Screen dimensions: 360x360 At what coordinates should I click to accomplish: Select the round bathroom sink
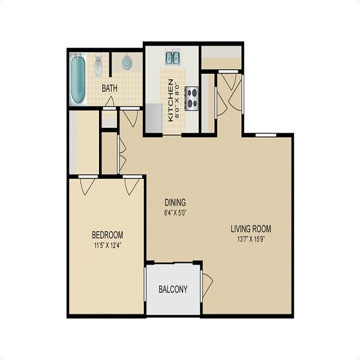[127, 62]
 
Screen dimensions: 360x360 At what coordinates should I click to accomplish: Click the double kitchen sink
[173, 58]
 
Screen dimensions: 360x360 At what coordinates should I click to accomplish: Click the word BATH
[109, 88]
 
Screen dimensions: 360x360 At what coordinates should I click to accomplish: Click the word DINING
[175, 202]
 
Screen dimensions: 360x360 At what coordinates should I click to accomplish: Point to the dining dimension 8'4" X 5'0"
[175, 212]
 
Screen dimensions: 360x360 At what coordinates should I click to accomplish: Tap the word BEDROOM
[107, 234]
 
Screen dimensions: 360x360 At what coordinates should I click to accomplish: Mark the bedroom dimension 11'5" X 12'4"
[107, 244]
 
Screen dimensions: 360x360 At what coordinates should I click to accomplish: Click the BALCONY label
[173, 289]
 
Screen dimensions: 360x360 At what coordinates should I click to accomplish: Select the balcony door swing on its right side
[208, 283]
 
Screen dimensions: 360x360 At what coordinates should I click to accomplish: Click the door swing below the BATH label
[109, 103]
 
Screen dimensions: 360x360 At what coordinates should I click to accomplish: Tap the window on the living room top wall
[261, 135]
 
